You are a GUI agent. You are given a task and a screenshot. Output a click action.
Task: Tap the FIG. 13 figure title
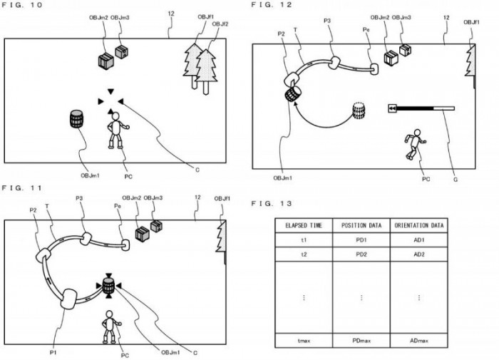(269, 204)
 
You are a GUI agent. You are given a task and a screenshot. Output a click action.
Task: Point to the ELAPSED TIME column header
(304, 225)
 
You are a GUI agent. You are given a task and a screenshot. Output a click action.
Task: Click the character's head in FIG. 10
(114, 114)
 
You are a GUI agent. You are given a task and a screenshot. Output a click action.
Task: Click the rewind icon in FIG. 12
(391, 108)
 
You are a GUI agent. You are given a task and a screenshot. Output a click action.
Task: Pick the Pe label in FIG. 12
(366, 30)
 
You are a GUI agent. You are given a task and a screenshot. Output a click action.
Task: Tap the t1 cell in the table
(304, 242)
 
